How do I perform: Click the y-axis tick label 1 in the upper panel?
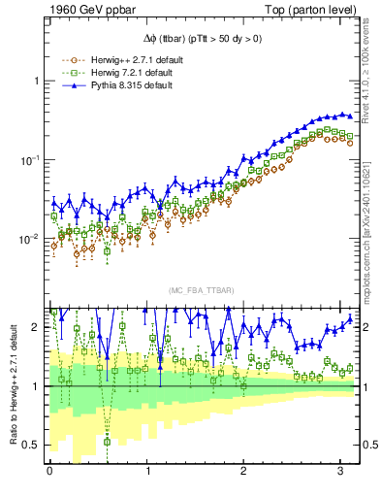(x=38, y=81)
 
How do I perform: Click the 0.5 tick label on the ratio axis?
(x=31, y=446)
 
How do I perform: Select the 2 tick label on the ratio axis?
(x=37, y=327)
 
